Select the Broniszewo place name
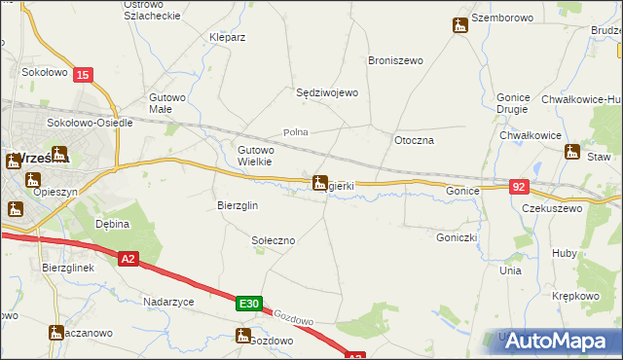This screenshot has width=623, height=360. (395, 60)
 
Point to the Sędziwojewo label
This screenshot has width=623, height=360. (328, 92)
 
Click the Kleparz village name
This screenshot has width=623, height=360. (227, 37)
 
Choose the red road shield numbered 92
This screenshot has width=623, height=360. (520, 185)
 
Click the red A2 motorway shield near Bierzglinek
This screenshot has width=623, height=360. (128, 258)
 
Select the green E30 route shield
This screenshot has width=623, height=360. (248, 305)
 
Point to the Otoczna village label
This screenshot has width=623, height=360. (413, 140)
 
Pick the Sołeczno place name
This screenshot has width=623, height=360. (274, 239)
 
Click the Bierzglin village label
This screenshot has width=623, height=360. (237, 205)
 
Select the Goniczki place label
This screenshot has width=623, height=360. (456, 235)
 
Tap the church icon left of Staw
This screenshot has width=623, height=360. (572, 152)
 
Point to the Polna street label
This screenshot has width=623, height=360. (295, 131)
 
